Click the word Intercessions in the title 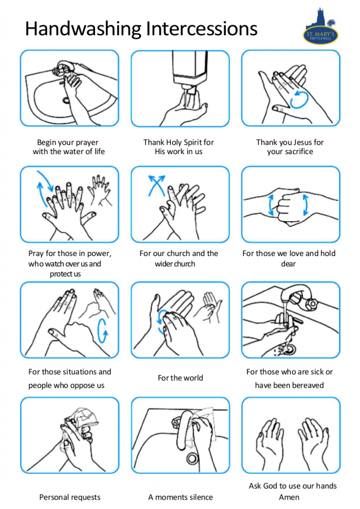[201, 28]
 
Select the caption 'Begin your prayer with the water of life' [69, 147]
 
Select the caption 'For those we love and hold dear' [289, 258]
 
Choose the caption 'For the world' [180, 378]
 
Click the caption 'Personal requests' [70, 497]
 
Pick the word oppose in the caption [81, 385]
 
